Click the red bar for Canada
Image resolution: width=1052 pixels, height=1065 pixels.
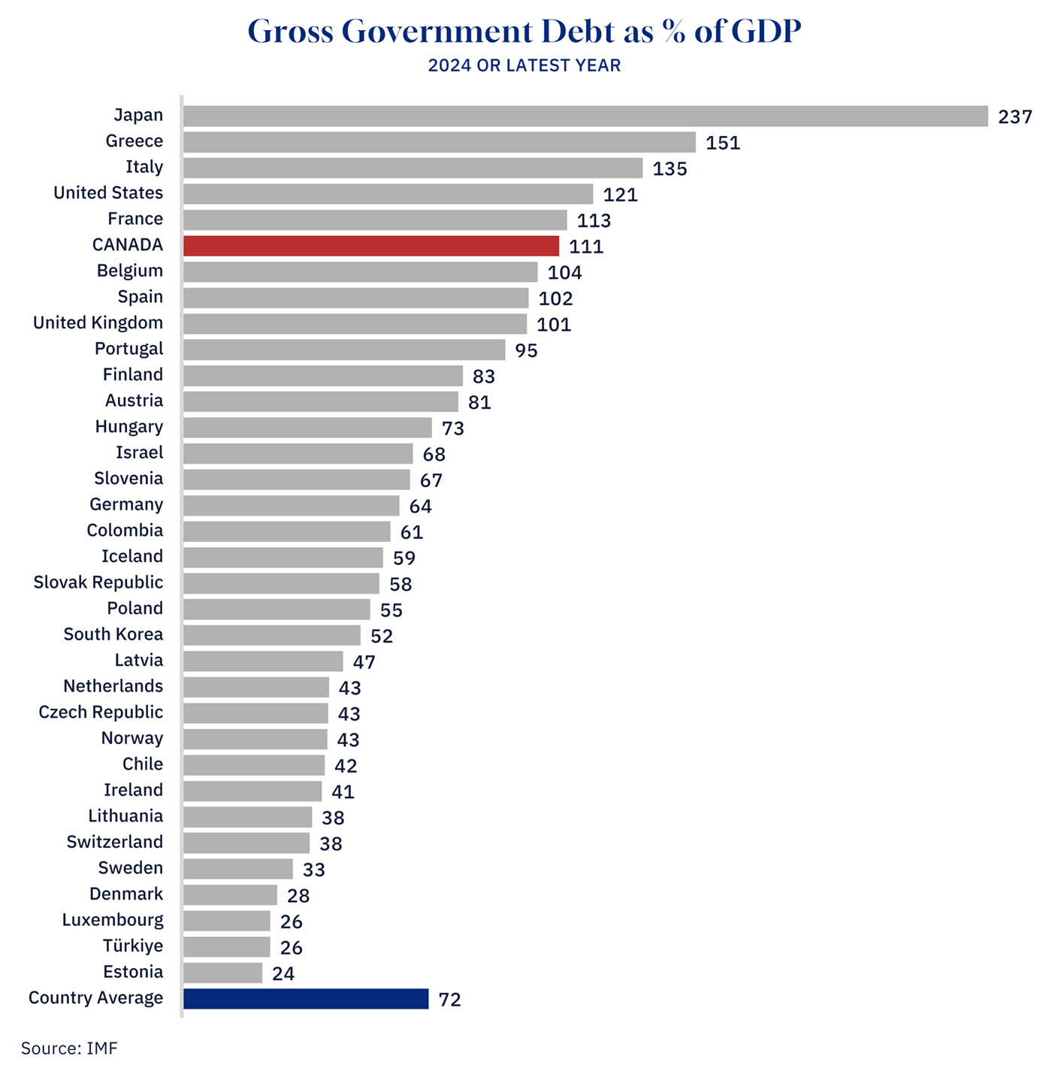[371, 246]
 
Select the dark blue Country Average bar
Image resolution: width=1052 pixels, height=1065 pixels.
[306, 999]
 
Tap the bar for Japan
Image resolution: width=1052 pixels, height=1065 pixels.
[585, 116]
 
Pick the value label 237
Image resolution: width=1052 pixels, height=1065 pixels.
[1015, 116]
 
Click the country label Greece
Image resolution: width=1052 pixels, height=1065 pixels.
[134, 141]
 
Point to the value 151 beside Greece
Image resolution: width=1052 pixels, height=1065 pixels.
[723, 143]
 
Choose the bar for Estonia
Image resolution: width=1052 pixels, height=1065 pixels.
[222, 973]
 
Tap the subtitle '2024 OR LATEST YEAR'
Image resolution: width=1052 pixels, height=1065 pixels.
[524, 65]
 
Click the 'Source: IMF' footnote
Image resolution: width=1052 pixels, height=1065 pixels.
[69, 1048]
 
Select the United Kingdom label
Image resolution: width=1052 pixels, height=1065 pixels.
[98, 323]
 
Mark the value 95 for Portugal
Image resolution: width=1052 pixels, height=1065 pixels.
[526, 351]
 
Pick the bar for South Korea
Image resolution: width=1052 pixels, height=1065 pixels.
[272, 635]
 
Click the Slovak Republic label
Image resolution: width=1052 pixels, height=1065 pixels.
[98, 582]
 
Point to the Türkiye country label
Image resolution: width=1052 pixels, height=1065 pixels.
[132, 946]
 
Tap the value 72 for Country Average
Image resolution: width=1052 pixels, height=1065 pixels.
[449, 1000]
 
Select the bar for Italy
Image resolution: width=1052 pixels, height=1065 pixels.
[413, 168]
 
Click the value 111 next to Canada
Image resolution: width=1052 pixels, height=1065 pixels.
[586, 247]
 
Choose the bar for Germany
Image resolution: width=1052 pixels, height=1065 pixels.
[291, 505]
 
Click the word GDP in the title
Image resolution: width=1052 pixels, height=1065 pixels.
[766, 32]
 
